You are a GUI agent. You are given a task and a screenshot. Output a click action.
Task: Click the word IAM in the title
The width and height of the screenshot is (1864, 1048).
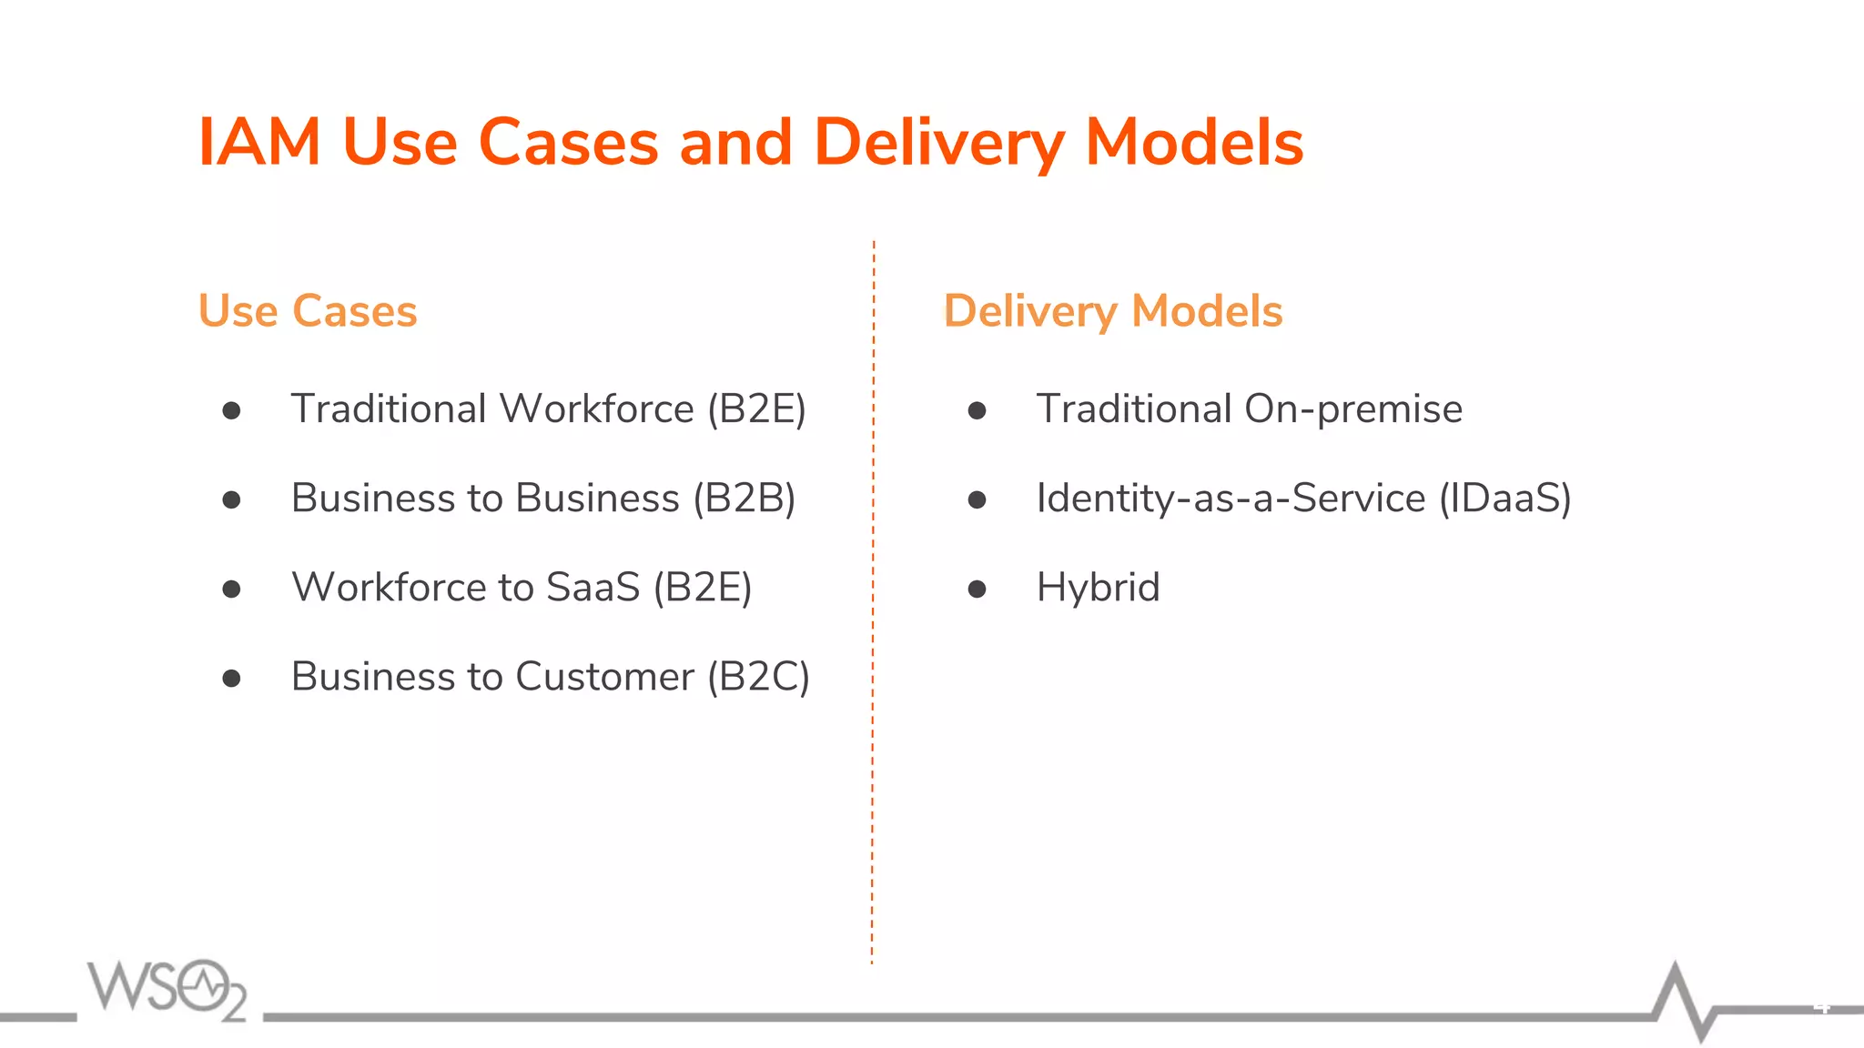point(259,143)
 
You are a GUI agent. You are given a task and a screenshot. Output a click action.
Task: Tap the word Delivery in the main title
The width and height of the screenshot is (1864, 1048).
point(938,144)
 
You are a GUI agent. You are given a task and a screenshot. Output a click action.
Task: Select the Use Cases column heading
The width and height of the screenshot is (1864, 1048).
point(308,311)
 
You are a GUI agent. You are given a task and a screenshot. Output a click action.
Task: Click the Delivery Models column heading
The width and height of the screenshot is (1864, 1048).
point(1112,311)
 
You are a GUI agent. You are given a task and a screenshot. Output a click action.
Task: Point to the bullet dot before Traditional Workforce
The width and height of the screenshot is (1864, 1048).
point(231,411)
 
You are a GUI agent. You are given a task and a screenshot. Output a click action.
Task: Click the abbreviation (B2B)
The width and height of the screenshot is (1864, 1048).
point(744,499)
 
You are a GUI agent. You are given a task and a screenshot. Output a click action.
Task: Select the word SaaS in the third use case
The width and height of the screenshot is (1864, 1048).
point(593,588)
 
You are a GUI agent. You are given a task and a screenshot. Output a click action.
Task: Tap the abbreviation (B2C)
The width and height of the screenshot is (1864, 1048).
point(758,677)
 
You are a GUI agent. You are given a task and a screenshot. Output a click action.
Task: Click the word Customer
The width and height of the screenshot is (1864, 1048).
point(604,677)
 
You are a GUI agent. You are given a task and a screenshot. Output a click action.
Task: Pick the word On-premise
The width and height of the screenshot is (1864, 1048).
point(1352,409)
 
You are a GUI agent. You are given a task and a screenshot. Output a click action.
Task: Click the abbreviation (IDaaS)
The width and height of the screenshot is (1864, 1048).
point(1504,499)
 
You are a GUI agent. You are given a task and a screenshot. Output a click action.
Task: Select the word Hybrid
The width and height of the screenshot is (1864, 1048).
point(1098,588)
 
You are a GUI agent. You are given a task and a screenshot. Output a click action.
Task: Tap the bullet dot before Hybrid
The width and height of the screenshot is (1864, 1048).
point(977,589)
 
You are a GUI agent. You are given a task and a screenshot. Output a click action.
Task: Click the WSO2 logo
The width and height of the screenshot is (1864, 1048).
point(167,989)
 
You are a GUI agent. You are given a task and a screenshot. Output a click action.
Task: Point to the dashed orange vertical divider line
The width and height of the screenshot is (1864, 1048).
point(873,600)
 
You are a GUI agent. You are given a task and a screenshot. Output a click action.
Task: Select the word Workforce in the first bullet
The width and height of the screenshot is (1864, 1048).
point(597,409)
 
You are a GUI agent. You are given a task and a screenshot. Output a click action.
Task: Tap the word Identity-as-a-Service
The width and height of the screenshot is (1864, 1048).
point(1231,499)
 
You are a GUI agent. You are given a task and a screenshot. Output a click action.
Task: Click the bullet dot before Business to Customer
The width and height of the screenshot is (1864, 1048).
point(231,679)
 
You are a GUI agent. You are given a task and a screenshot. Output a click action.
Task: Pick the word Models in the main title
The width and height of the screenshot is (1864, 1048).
point(1194,144)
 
